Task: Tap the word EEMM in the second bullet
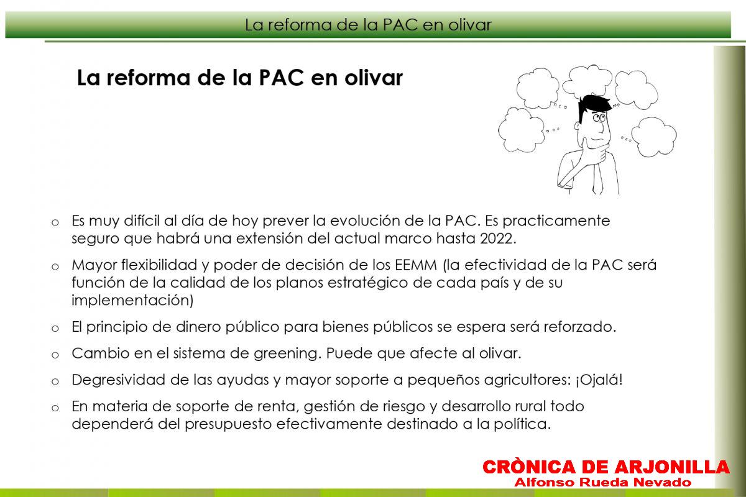416,265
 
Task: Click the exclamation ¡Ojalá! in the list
599,380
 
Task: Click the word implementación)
132,300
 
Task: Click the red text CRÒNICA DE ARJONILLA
606,467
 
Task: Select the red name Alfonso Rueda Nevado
602,482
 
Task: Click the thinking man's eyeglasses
599,117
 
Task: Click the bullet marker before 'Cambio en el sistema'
55,355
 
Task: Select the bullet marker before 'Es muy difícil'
55,222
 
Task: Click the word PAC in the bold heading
281,78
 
